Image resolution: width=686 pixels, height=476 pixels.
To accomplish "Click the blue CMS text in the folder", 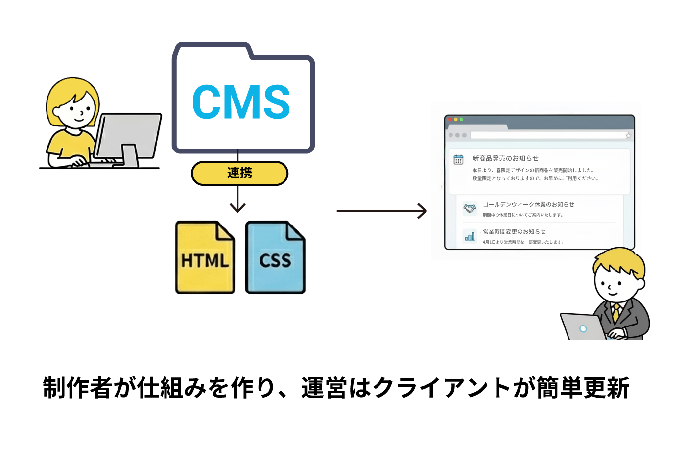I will point(241,102).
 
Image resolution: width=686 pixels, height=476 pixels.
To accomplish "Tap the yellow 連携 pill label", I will point(239,173).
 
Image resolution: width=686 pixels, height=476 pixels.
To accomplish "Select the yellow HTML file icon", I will point(205,258).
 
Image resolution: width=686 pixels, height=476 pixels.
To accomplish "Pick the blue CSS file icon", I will point(275,258).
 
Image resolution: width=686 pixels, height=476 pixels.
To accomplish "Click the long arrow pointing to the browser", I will point(381,211).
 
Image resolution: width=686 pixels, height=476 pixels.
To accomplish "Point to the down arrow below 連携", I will point(237,201).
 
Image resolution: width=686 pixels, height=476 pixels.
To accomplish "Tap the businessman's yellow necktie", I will point(616,312).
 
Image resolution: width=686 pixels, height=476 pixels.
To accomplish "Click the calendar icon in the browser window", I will point(458,159).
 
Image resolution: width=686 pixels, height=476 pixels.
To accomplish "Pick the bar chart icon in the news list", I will point(470,236).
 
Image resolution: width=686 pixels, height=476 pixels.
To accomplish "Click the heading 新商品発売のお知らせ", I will point(505,158).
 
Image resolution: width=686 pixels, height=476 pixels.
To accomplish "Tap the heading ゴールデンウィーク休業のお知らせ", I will point(528,204).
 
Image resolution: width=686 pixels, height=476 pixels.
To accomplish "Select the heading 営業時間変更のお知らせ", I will point(514,231).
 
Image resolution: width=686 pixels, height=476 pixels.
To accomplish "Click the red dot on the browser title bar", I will point(449,119).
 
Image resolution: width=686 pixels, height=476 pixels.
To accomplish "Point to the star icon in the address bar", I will point(628,135).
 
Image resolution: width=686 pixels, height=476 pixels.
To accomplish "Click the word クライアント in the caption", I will point(442,388).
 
